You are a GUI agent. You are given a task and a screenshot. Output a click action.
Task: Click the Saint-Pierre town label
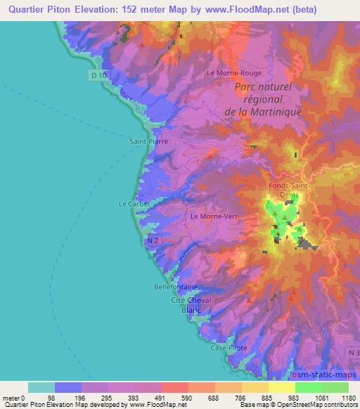148,141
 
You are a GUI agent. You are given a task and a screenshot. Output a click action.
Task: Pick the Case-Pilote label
229,349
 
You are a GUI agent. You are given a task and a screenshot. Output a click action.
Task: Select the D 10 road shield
99,74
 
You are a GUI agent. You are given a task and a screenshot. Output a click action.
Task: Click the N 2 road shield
154,241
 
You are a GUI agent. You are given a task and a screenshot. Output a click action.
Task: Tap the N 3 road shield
352,351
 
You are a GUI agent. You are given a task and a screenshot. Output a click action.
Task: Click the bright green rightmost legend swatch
335,387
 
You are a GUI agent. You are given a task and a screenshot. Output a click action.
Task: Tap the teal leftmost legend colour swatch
41,387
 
